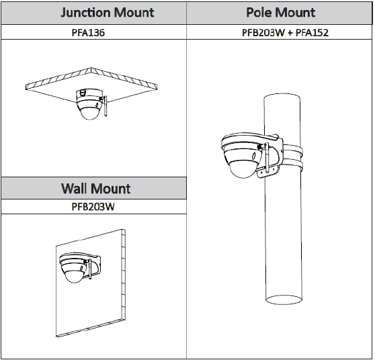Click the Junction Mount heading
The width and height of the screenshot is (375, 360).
(108, 13)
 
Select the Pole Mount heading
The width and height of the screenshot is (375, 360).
(280, 13)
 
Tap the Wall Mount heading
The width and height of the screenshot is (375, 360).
(95, 188)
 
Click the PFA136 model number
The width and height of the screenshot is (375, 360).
(88, 32)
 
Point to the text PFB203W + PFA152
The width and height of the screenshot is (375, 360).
(285, 32)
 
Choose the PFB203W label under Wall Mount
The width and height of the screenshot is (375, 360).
(93, 207)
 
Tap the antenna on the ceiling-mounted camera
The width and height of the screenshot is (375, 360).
(106, 106)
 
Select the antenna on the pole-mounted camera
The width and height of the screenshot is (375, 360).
(267, 158)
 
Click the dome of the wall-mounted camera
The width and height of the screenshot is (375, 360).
(75, 276)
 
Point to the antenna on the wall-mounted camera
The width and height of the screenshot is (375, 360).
(89, 269)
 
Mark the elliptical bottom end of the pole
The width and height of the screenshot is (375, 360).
(284, 300)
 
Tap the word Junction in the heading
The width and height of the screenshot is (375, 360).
(85, 13)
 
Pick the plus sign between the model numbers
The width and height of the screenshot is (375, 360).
(290, 33)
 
